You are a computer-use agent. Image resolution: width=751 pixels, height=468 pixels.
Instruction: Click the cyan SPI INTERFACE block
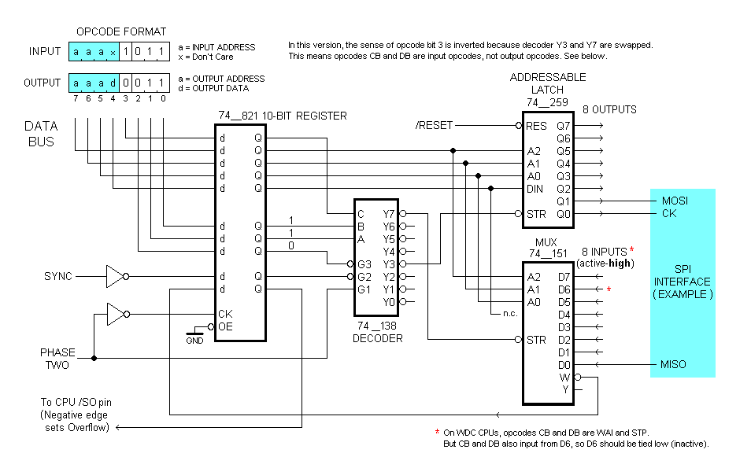point(683,282)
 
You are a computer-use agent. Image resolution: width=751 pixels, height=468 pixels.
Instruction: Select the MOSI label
point(675,201)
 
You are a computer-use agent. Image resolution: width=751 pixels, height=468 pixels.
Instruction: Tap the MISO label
point(674,365)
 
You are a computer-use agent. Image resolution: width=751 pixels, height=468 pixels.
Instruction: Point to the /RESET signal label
point(434,126)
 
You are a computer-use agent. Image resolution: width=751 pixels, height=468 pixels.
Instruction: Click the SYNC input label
point(58,276)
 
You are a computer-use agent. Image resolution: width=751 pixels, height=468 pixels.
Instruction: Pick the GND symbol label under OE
point(194,341)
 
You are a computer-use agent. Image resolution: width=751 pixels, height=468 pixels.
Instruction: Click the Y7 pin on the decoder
point(388,214)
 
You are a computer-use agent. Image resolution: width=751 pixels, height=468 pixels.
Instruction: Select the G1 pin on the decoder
point(363,289)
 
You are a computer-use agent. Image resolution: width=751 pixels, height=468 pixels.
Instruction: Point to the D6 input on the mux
point(564,289)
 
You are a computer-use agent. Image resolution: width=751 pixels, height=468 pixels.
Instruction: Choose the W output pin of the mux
point(564,378)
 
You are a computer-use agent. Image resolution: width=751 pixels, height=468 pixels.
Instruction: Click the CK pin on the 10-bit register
point(225,314)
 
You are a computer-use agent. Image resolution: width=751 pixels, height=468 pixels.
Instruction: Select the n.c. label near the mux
point(490,314)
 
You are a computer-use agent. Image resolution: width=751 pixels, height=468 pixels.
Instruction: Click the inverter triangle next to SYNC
point(115,276)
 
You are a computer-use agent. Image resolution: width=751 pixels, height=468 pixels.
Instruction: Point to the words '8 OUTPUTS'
point(609,109)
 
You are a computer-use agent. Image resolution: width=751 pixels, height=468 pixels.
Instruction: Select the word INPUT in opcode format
point(45,52)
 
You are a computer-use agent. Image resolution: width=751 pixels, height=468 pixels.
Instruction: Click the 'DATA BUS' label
point(41,133)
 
